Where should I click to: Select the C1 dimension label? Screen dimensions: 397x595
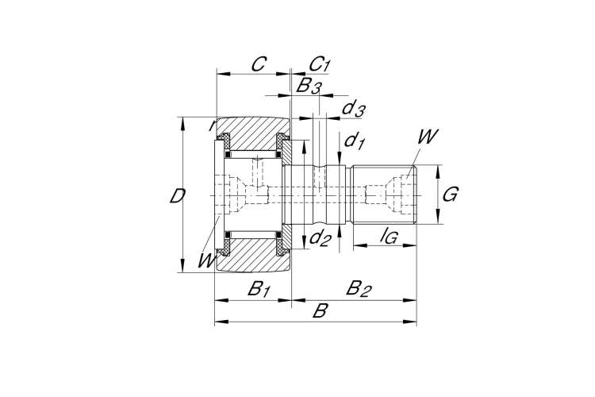(x=319, y=64)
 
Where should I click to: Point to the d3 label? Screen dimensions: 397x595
(x=353, y=108)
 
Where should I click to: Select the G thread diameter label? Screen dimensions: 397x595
(x=450, y=195)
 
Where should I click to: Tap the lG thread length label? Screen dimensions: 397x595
(x=389, y=234)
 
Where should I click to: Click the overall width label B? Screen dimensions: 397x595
(x=319, y=310)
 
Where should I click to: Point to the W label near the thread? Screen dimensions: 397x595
(x=427, y=136)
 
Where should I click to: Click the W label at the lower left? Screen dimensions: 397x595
(x=205, y=259)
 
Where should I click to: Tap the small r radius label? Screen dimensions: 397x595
(x=211, y=125)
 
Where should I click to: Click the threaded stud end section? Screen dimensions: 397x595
(x=381, y=195)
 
